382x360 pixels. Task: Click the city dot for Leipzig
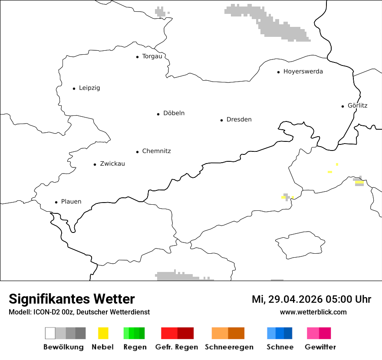point(74,88)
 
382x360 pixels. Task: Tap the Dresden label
point(239,119)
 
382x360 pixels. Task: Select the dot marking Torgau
point(137,57)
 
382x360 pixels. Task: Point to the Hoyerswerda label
point(303,72)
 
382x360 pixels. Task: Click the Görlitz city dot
point(343,106)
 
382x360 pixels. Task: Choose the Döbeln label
point(174,113)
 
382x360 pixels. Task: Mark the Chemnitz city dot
point(137,152)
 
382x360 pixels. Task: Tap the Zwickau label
point(112,164)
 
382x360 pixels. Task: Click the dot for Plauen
point(56,202)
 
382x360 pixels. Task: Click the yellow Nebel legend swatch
point(103,333)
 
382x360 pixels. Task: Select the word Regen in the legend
point(135,347)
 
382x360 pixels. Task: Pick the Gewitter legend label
point(320,347)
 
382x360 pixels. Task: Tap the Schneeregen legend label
point(229,347)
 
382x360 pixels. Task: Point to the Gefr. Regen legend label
point(176,347)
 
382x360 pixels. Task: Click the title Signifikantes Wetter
point(72,299)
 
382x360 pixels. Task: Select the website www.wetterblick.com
point(313,312)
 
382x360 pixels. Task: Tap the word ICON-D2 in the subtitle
point(45,312)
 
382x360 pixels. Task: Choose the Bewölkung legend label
point(63,347)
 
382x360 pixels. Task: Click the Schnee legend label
point(280,347)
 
